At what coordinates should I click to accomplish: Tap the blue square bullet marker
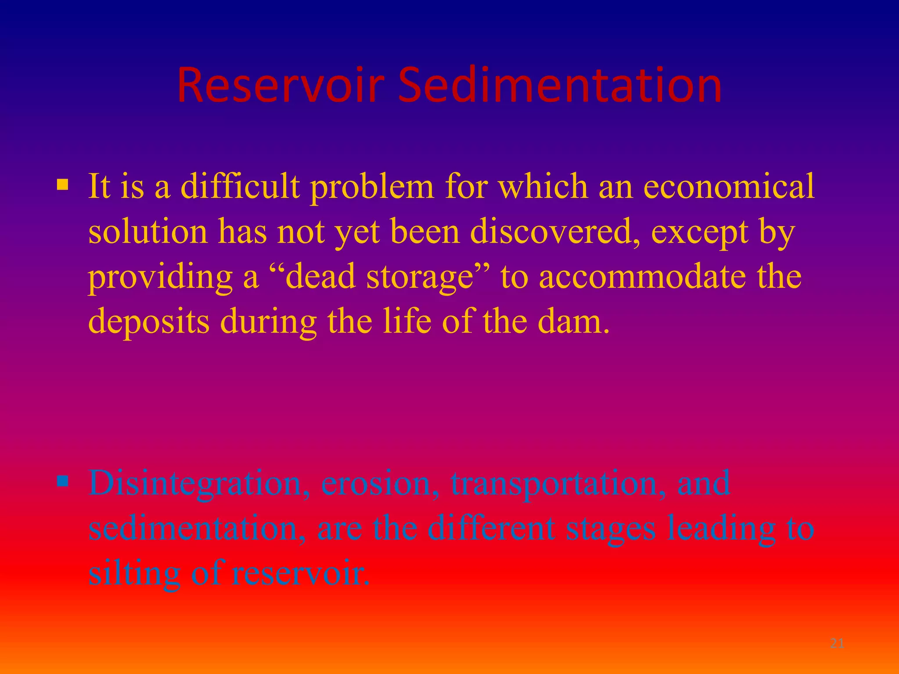63,482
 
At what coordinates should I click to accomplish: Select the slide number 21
837,644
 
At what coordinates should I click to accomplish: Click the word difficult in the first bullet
240,186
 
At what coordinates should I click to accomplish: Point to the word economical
729,186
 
